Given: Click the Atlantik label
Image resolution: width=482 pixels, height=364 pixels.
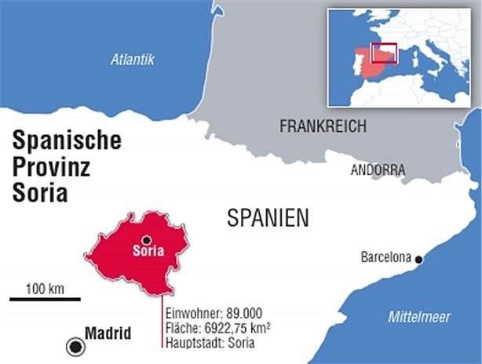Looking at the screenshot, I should point(133,59).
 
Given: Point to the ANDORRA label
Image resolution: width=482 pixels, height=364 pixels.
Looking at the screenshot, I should point(378,169).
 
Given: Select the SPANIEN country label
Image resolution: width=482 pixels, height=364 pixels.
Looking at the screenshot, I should point(268,217).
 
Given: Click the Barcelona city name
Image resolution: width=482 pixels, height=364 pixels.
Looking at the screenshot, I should point(385,257).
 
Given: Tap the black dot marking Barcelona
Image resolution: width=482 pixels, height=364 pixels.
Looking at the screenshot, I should point(419,259).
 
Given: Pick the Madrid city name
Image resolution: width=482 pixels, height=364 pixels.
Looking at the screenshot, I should point(108,333).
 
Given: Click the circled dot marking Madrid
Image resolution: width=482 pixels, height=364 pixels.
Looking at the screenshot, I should point(75,345).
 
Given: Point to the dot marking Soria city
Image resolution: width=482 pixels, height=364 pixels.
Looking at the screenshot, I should point(146,240).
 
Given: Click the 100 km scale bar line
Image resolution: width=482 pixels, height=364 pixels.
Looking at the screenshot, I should point(45,299).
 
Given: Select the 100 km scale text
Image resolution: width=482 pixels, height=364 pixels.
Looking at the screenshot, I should point(45,288).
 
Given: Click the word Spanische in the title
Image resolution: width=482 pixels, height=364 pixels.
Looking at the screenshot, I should point(68,141).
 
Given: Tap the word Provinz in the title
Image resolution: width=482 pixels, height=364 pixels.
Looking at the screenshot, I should point(53,167).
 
